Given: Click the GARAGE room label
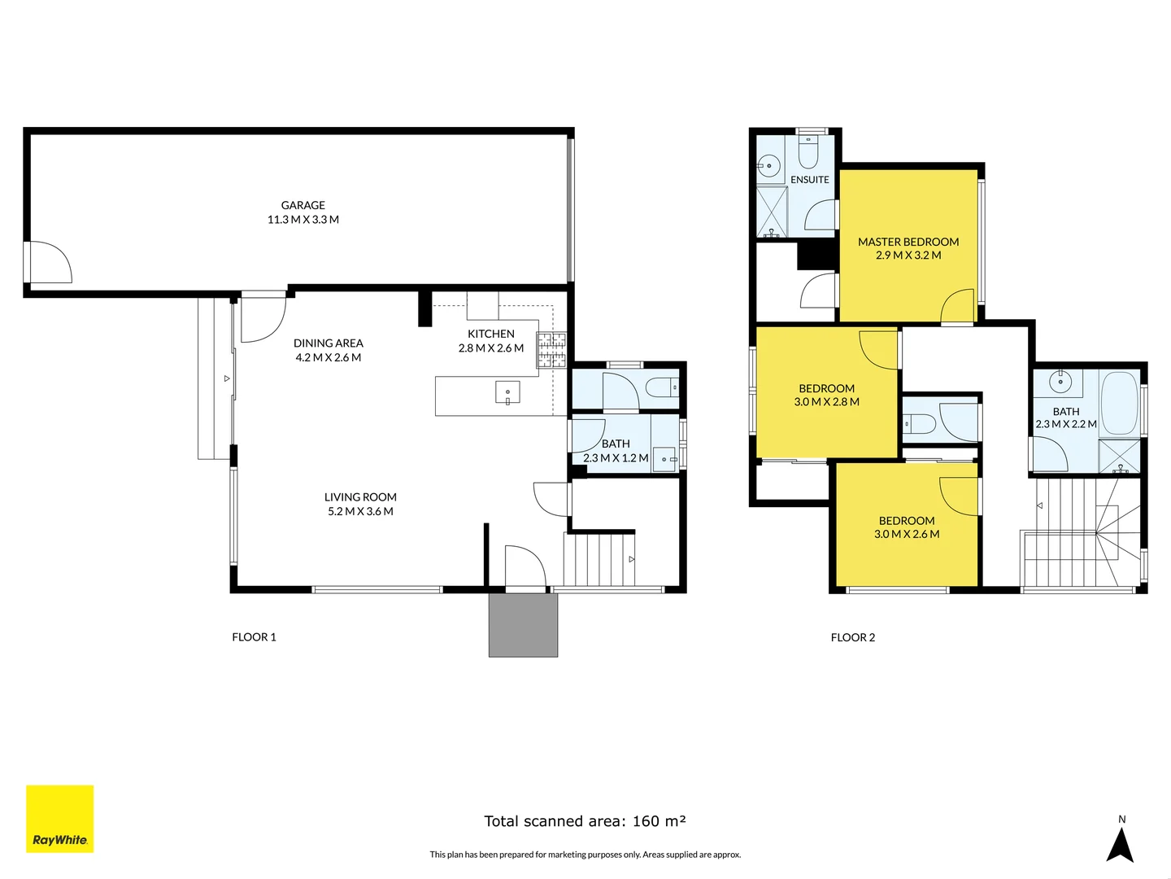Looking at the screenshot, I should pos(303,205).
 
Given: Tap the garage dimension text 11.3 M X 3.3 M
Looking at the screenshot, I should pos(303,220).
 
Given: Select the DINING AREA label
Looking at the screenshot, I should pos(328,343).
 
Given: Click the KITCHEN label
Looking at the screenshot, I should pos(490,334).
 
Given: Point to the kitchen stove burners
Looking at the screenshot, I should pos(551,350).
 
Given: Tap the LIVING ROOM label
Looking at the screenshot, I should pos(360,497).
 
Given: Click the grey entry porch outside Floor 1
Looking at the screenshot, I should pos(523,625).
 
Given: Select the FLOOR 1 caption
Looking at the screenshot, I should pos(254,637).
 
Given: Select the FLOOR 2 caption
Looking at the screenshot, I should pos(852,637).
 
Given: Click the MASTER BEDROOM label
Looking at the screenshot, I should pos(908,242).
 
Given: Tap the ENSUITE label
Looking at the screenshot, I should pos(809,180).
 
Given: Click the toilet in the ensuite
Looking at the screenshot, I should pos(809,150).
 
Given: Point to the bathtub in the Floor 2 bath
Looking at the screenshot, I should pos(1119,404).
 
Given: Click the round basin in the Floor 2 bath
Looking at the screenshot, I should pos(1060,380).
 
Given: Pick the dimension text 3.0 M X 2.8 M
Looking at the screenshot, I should pos(826,402).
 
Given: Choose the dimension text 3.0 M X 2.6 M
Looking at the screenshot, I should pos(906,535).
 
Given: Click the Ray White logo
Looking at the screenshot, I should pos(60,819).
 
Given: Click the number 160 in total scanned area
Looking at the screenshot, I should pos(646,821).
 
